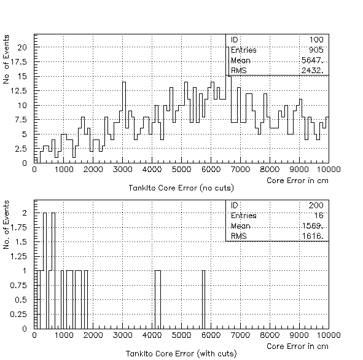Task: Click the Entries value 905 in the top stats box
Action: [316, 50]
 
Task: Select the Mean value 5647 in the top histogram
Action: [312, 60]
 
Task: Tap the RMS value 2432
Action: [312, 70]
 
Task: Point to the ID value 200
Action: [316, 205]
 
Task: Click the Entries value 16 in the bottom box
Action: [319, 216]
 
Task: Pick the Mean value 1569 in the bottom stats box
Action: [313, 225]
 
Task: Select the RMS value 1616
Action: [313, 236]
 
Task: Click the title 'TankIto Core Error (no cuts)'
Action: [181, 188]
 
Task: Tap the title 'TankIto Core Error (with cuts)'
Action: [181, 353]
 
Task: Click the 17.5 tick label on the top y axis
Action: [19, 62]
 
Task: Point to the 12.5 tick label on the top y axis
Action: [19, 91]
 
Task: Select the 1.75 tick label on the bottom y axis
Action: [19, 227]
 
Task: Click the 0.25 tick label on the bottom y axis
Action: [19, 315]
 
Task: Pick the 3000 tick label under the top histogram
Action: [122, 170]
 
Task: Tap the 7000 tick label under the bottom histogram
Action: [240, 335]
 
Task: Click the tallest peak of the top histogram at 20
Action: [227, 47]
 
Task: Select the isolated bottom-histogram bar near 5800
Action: [203, 300]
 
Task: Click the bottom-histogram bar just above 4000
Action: [158, 300]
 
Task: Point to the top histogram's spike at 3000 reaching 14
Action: [124, 82]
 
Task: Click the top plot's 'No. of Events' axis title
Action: [6, 59]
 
